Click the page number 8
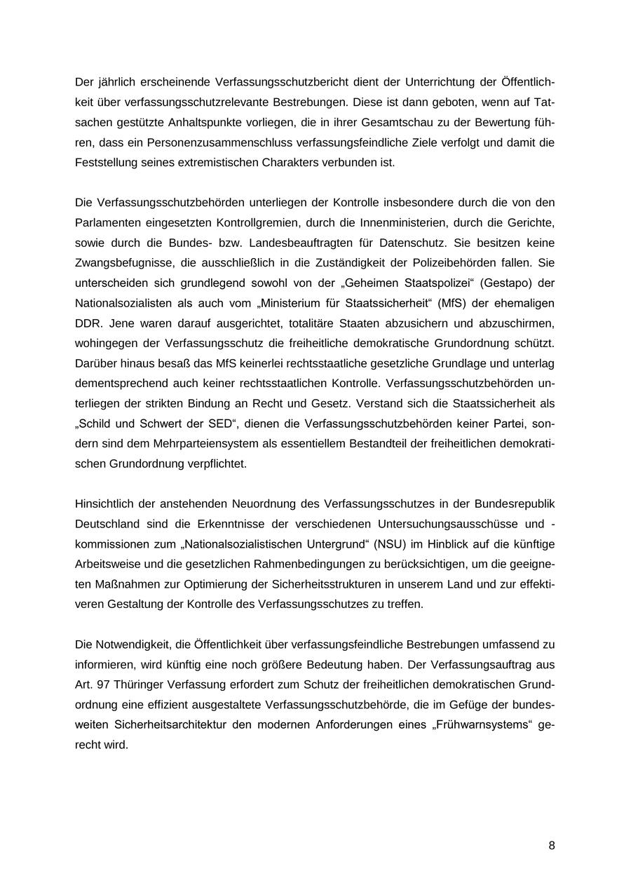(552, 846)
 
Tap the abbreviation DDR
(88, 324)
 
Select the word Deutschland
(109, 524)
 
